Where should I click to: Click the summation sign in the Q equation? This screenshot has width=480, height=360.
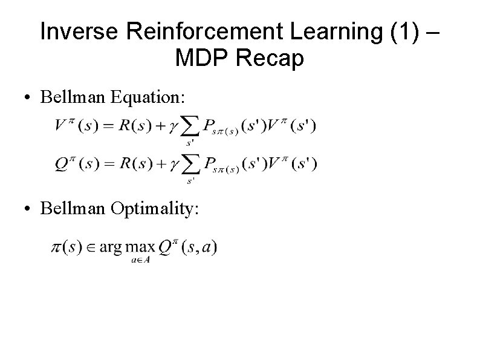point(189,165)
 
